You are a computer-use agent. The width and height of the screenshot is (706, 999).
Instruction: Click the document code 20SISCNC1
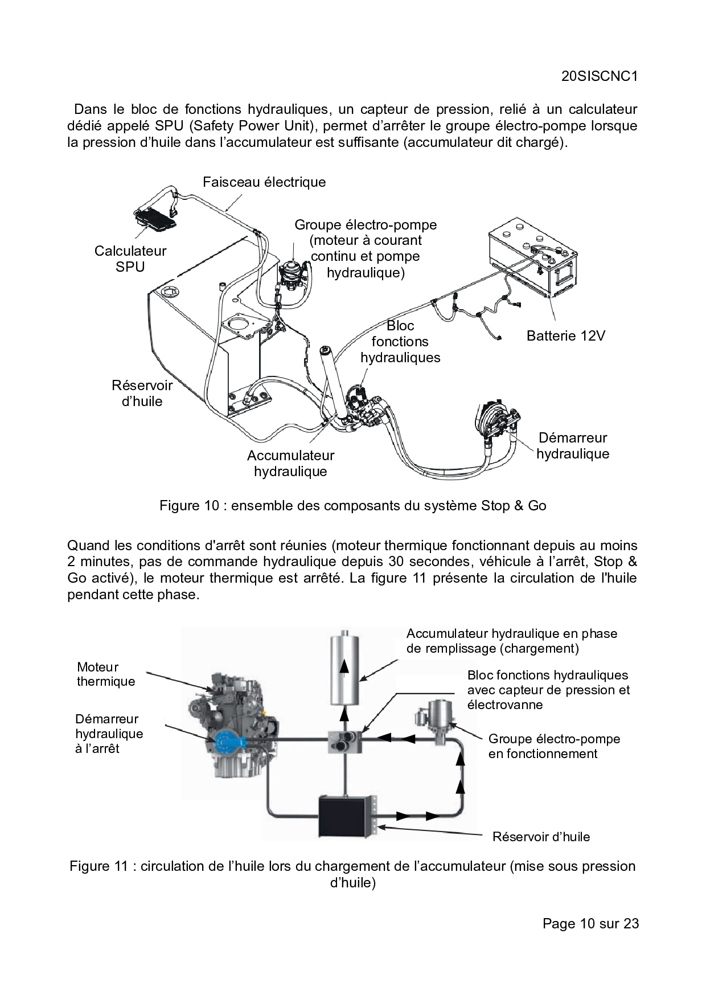click(x=598, y=77)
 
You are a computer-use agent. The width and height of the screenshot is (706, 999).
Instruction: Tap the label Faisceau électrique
click(x=264, y=182)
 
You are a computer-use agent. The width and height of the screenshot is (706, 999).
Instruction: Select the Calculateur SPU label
click(x=130, y=259)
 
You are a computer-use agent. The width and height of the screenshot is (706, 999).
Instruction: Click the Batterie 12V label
click(x=565, y=335)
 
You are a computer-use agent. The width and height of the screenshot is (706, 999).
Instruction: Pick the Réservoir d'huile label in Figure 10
click(x=142, y=393)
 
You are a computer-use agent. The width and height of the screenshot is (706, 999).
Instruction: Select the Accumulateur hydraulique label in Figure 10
click(x=290, y=463)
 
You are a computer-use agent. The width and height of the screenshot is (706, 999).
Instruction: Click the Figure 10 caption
click(x=352, y=506)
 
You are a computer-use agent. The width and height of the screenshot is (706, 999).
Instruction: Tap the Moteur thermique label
click(x=106, y=674)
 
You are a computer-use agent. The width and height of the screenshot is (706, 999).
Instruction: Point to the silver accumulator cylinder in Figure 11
click(x=344, y=661)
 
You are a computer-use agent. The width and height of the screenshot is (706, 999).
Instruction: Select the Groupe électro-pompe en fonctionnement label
click(x=553, y=746)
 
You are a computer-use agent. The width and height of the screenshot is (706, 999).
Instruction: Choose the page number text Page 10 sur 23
click(x=590, y=923)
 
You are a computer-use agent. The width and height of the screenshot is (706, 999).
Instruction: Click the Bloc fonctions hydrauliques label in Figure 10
click(x=400, y=342)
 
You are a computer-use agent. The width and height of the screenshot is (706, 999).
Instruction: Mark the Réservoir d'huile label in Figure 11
click(x=541, y=837)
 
